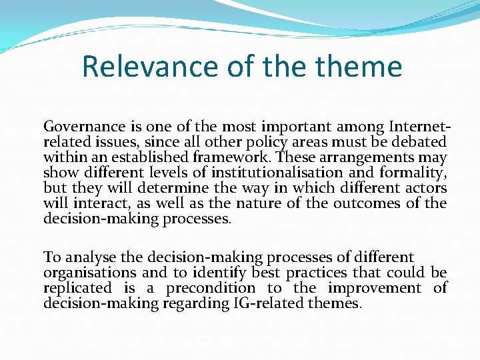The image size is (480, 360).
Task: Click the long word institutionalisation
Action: pyautogui.click(x=273, y=173)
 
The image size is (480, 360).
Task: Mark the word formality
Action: pyautogui.click(x=413, y=173)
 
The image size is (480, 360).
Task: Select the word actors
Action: pyautogui.click(x=424, y=188)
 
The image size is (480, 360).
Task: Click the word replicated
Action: pyautogui.click(x=77, y=288)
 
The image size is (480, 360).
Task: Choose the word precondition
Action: pyautogui.click(x=211, y=288)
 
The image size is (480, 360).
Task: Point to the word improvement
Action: pyautogui.click(x=375, y=288)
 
